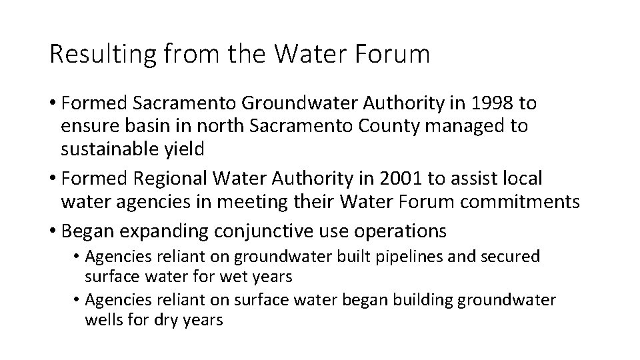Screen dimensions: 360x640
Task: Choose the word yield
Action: [x=186, y=149]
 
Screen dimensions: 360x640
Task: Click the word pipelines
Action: [x=402, y=257]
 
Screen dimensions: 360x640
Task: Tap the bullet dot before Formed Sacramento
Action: [x=52, y=103]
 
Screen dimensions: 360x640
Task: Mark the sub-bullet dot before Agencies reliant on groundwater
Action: [x=77, y=257]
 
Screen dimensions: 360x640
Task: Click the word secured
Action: [x=513, y=257]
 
